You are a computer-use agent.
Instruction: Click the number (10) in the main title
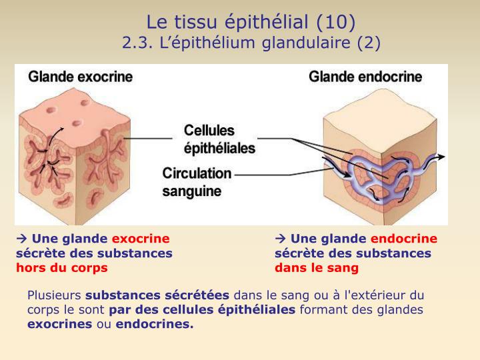pos(336,23)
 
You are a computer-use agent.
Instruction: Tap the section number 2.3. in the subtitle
pos(137,43)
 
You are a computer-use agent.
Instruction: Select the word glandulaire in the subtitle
pos(306,43)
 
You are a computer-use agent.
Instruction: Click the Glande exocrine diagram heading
pos(81,77)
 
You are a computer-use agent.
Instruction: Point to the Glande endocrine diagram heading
pos(365,77)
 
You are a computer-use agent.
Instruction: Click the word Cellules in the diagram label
pos(209,131)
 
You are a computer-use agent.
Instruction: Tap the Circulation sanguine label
pos(197,182)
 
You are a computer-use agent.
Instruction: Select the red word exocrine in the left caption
pos(141,239)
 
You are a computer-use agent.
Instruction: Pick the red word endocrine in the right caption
pos(404,239)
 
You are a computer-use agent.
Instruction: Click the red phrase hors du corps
pos(62,268)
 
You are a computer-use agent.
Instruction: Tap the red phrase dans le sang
pos(317,268)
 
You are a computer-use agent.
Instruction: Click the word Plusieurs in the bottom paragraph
pos(54,295)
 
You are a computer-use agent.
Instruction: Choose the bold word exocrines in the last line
pos(60,324)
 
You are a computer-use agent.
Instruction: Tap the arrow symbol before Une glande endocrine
pos(281,239)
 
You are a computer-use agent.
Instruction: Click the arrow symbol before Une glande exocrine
pos(22,239)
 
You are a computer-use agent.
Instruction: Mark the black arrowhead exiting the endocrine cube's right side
pos(441,157)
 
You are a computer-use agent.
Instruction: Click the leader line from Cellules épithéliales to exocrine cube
pos(148,139)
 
